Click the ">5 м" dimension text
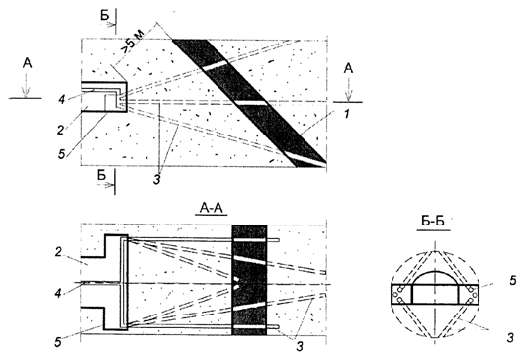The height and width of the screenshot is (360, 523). tap(131, 42)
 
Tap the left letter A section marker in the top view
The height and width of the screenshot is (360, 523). tap(28, 63)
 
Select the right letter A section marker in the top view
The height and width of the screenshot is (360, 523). tap(348, 68)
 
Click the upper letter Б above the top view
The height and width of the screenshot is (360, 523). tap(105, 15)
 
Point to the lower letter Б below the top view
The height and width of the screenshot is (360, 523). tap(102, 174)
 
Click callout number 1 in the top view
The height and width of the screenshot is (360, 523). tap(347, 115)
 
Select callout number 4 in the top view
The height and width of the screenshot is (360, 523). tap(62, 99)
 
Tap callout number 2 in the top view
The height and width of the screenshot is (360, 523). tap(60, 130)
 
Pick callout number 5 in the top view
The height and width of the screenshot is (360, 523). tap(62, 154)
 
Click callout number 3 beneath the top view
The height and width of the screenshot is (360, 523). tap(157, 179)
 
